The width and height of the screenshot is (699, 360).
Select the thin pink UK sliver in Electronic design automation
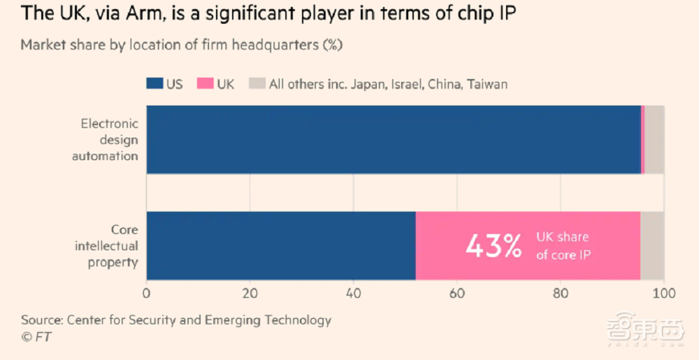[642, 139]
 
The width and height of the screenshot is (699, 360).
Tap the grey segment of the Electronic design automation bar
[654, 139]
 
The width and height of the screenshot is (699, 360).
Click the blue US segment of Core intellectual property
[281, 245]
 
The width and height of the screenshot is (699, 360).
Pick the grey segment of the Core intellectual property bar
[652, 245]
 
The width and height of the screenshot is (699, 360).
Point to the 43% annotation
[493, 245]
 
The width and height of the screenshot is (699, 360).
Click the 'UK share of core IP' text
[563, 246]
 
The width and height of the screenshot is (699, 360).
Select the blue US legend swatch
[154, 84]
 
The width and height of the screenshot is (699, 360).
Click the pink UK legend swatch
[206, 84]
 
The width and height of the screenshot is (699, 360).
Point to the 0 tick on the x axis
[147, 293]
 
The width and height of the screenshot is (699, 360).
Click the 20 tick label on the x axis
[250, 293]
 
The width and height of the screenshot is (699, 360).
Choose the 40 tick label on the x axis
[353, 293]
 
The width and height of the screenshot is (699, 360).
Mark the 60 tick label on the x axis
[456, 293]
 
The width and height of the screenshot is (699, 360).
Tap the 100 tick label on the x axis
[663, 293]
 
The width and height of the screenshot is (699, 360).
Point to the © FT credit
[36, 337]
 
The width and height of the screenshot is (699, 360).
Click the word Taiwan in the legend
[487, 84]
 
